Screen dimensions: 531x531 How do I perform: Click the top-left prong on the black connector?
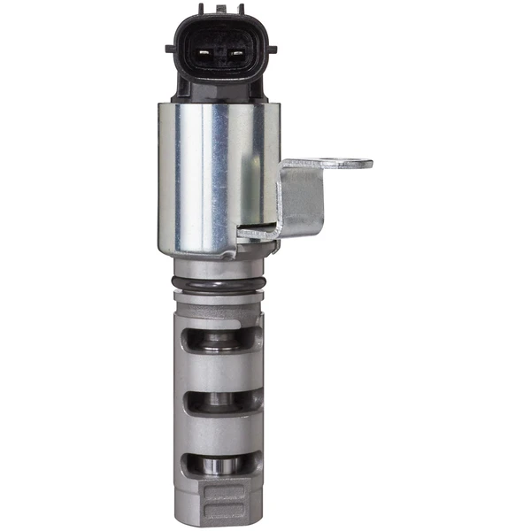click(x=201, y=10)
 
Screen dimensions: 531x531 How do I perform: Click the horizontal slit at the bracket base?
click(x=257, y=235)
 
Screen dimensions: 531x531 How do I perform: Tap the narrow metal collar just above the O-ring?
click(x=219, y=268)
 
